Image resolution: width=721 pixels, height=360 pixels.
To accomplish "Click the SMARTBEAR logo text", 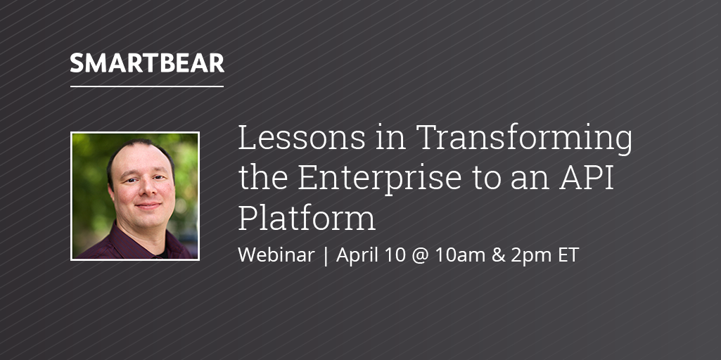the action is [x=147, y=63].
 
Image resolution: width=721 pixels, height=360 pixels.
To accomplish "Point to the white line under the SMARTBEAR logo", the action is [x=147, y=86].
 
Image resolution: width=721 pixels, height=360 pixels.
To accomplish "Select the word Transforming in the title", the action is [x=524, y=140].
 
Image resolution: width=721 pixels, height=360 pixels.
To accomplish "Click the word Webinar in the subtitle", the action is [x=276, y=255].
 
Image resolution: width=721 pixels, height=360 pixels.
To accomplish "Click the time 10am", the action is [x=461, y=255].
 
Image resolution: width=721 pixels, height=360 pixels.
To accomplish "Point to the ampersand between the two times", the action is [x=499, y=255].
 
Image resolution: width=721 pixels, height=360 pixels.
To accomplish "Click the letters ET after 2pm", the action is [x=568, y=255].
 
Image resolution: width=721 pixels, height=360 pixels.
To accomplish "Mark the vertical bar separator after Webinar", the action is [x=326, y=256].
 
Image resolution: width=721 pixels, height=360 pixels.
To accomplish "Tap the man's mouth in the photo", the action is [x=147, y=205].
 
